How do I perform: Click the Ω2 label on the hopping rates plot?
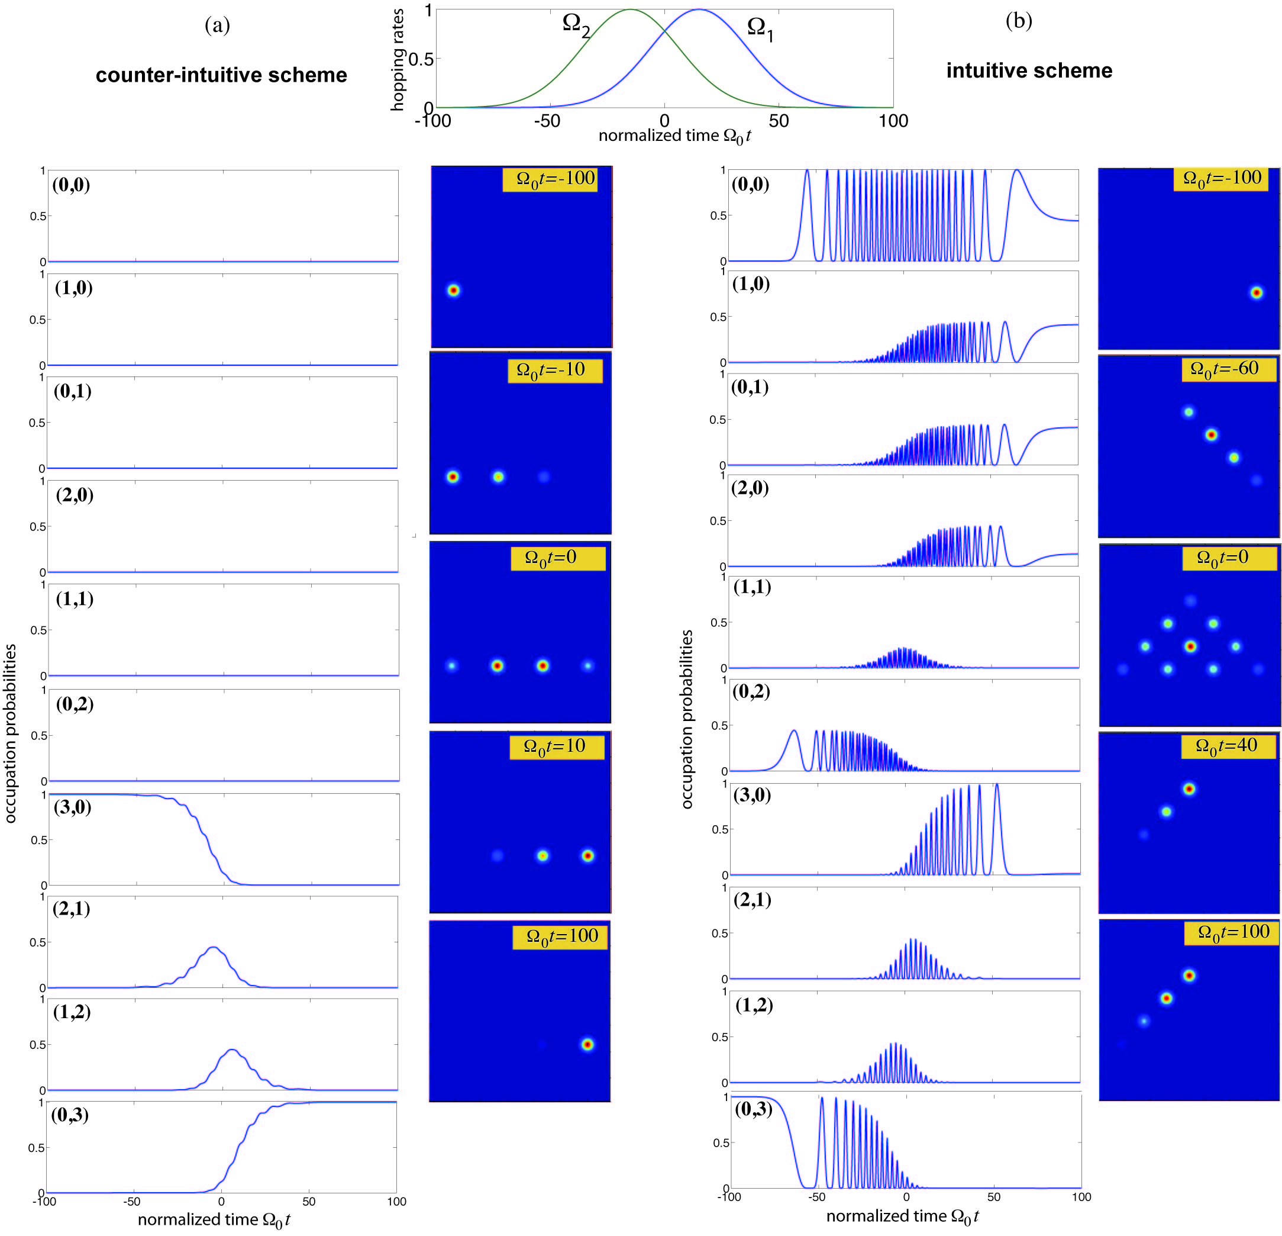pos(576,25)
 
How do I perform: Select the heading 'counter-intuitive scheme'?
pos(221,75)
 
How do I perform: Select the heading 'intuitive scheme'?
pos(1029,70)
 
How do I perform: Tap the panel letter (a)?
pos(217,25)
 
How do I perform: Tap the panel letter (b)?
pos(1018,21)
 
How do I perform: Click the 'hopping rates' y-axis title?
pos(397,60)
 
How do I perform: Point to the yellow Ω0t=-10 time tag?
pos(555,371)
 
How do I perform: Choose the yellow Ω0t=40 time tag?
pos(1228,746)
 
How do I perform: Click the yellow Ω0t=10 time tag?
pos(557,746)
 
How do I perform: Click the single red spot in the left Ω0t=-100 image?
pos(453,291)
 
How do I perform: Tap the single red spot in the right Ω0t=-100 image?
pos(1256,292)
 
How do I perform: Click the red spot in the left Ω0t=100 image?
pos(587,1044)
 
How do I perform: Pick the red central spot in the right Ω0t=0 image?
pos(1190,646)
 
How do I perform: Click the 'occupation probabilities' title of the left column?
pos(11,733)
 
